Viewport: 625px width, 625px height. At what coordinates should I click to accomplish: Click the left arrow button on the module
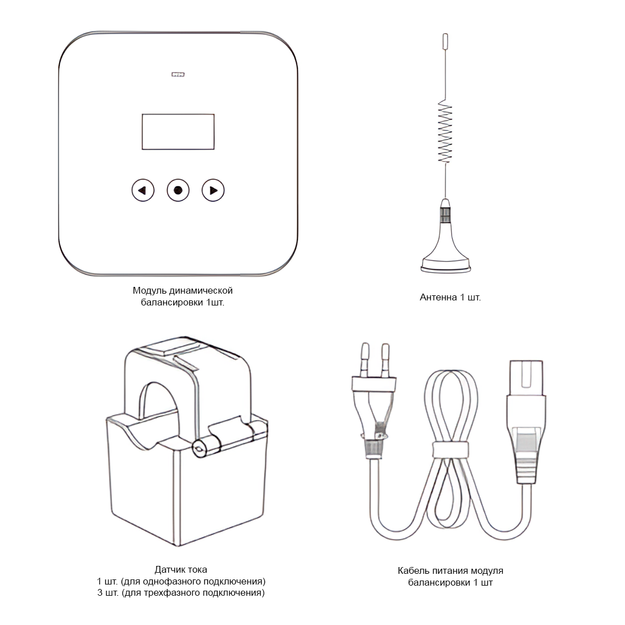143,190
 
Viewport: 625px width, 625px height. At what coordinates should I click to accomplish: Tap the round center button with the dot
178,190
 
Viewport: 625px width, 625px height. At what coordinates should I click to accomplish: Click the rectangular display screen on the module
178,132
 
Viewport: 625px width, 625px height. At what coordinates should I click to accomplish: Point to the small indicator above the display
178,74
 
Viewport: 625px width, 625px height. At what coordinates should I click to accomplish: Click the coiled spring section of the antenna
445,131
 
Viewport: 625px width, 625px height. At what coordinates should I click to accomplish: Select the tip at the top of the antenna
446,39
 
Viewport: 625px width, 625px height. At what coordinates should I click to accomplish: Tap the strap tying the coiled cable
451,449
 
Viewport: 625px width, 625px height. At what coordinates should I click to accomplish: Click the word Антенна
438,298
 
